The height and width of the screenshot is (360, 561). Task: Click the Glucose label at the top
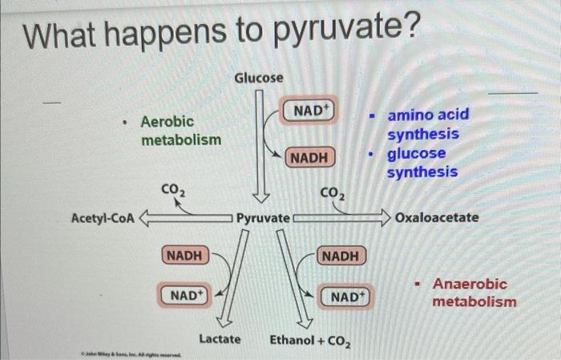[x=258, y=78]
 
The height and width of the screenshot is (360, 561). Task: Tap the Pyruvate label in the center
[x=262, y=217]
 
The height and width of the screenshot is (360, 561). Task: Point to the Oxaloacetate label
[x=437, y=217]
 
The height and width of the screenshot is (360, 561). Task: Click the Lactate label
[x=220, y=339]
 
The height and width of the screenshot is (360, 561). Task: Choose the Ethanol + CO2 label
[x=309, y=340]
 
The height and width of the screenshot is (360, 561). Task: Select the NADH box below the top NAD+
[x=309, y=158]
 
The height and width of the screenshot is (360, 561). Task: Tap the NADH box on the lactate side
[x=184, y=255]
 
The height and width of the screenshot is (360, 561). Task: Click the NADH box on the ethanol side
[x=341, y=255]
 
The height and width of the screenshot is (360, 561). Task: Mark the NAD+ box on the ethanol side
[x=346, y=296]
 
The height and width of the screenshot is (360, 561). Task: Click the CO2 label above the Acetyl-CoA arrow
[x=173, y=190]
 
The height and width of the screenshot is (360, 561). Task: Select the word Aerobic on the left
[x=167, y=122]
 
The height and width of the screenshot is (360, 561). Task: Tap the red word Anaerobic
[x=470, y=284]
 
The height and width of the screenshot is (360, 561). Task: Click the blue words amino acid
[x=428, y=115]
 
